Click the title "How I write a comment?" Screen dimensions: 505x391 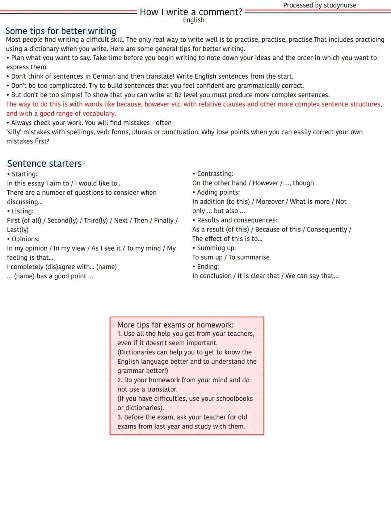(x=191, y=12)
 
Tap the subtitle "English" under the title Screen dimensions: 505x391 (x=194, y=20)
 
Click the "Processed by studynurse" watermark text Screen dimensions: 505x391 (x=320, y=5)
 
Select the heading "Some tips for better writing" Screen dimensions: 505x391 (x=61, y=31)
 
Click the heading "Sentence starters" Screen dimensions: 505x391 (x=45, y=163)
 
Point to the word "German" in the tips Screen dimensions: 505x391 (x=104, y=76)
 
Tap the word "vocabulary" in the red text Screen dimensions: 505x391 (x=97, y=113)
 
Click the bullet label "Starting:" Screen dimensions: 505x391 (x=24, y=174)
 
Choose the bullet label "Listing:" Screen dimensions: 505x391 (x=22, y=211)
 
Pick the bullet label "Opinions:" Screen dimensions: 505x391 (x=25, y=239)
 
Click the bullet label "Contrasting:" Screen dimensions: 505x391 (x=215, y=174)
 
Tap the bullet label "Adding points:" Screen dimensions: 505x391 (x=218, y=192)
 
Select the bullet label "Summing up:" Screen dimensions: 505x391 (x=216, y=248)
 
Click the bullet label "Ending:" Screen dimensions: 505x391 (x=208, y=266)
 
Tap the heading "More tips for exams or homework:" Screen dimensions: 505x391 (x=175, y=325)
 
